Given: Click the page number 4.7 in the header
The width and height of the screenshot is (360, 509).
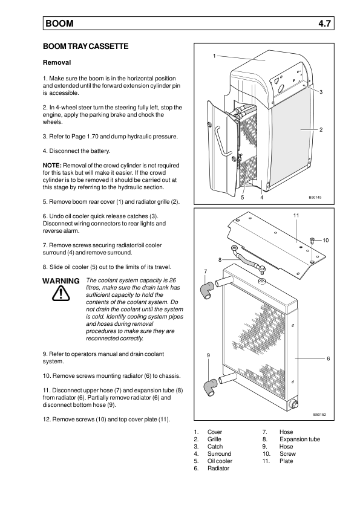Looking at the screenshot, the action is pos(324,24).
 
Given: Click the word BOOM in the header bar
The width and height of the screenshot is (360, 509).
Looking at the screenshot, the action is pos(59,24).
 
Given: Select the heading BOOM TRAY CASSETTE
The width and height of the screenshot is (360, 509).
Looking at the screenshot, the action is pos(85,47).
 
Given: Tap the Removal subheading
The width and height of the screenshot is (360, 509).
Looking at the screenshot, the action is pos(57,62).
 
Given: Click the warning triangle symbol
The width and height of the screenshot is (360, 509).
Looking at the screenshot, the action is pos(61,293).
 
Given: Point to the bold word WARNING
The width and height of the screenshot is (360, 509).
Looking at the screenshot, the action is pos(61,280).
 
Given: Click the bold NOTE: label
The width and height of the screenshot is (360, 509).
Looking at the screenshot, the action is pos(52,165).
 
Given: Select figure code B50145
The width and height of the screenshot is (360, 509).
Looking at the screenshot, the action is pos(315,197).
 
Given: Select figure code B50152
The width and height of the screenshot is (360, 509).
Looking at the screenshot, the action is pos(319,415).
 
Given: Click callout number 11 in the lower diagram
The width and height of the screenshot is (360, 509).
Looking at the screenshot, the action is pos(296,215).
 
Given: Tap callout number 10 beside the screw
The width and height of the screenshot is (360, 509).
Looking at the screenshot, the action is pos(326,240).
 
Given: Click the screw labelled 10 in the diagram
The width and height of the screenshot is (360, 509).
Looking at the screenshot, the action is pos(312,241).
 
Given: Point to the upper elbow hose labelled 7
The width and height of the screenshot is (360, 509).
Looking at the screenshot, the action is pos(207,290).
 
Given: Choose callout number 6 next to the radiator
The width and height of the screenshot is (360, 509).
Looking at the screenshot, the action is pos(328,358).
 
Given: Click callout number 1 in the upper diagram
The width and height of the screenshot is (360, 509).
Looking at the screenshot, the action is pos(214,56).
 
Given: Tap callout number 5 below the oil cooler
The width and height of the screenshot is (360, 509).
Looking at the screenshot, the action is pos(243,197).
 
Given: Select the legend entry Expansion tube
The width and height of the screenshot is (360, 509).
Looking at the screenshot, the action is pos(299,439).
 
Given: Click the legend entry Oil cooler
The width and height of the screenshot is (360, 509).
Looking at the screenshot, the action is pos(220,461).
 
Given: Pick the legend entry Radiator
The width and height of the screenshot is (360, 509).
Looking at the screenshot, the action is pos(218,468).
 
